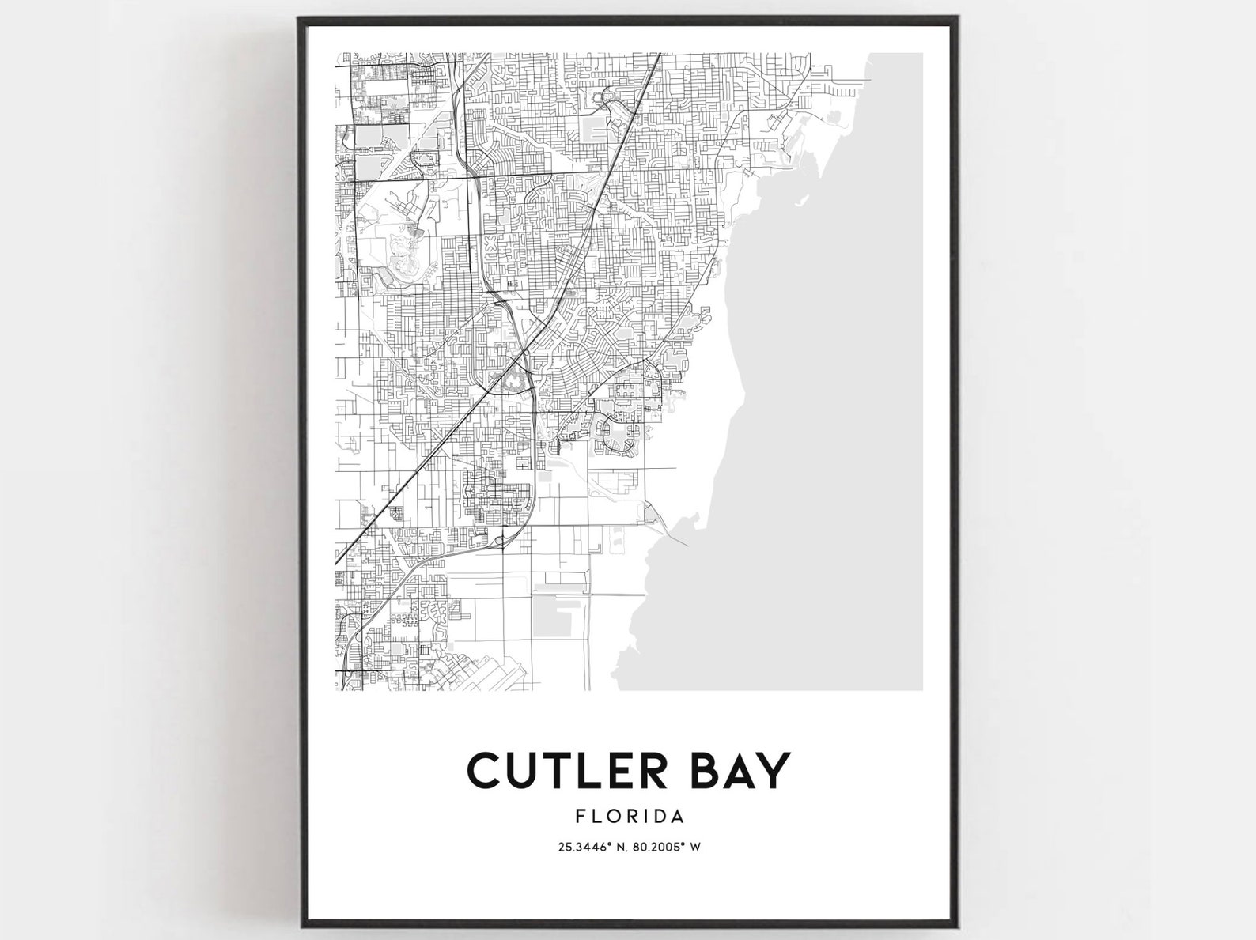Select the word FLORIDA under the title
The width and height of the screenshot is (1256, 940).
tap(630, 815)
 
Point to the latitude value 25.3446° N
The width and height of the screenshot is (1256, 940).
tap(592, 848)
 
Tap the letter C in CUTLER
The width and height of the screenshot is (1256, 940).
tap(485, 770)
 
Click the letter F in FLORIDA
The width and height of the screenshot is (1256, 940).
tap(581, 815)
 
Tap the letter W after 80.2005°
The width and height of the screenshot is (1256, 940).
tap(696, 848)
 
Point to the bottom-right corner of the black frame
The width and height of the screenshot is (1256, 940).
tap(957, 924)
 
